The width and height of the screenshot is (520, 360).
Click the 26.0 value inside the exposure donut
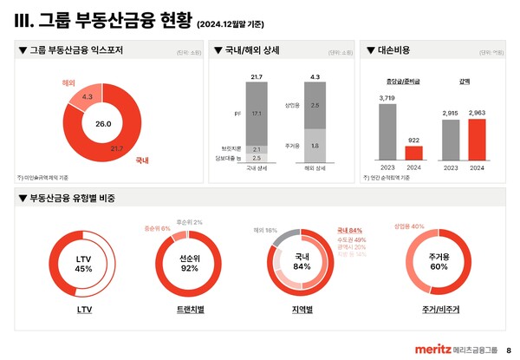103,125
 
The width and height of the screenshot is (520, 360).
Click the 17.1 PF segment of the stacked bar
256,114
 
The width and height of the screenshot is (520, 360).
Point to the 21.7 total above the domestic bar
257,78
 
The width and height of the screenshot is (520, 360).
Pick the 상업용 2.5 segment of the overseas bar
315,105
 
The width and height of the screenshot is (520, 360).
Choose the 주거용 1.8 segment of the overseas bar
315,145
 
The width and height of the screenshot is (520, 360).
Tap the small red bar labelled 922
414,153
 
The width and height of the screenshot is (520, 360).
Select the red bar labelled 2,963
478,140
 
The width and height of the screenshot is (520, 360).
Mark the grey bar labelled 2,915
451,141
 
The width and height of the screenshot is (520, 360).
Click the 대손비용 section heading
400,50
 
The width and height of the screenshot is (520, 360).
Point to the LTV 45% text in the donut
83,263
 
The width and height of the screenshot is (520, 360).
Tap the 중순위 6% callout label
158,227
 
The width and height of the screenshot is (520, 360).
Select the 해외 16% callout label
265,230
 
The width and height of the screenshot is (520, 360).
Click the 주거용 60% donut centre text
439,263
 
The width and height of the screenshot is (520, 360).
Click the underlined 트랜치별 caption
191,308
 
